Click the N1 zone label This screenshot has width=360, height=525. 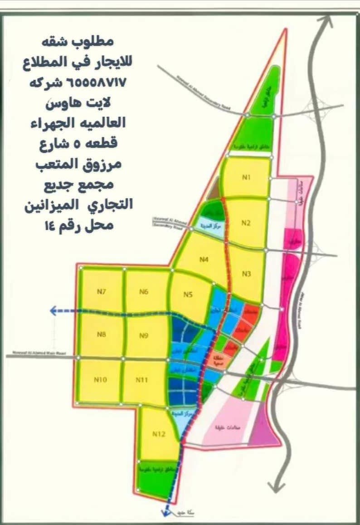tap(246, 177)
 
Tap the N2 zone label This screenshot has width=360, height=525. tap(246, 223)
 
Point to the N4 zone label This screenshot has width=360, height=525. tap(204, 260)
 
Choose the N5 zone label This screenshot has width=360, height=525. tap(189, 294)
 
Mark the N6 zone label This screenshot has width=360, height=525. tap(144, 292)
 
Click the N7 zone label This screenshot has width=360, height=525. tap(102, 292)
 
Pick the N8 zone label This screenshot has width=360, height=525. tap(102, 335)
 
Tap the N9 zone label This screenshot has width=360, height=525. tap(145, 336)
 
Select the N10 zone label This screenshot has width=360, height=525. tap(100, 380)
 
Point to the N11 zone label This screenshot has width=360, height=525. tap(142, 380)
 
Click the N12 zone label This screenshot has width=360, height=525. tap(158, 434)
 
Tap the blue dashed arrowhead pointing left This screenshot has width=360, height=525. tap(54, 311)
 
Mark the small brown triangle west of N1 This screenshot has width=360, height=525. tap(213, 193)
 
